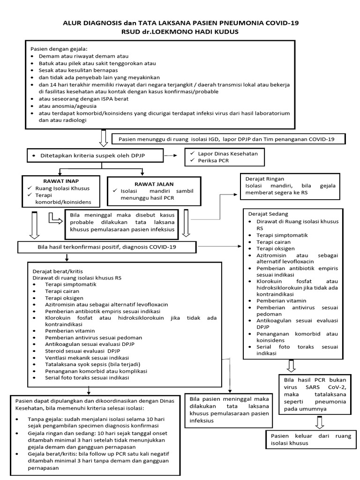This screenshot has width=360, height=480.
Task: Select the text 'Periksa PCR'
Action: (210, 161)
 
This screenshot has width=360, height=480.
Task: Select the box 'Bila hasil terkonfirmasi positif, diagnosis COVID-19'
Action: (107, 247)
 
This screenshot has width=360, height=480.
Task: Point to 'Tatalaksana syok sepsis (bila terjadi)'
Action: (92, 364)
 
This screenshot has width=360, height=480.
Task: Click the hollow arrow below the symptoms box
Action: (104, 137)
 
